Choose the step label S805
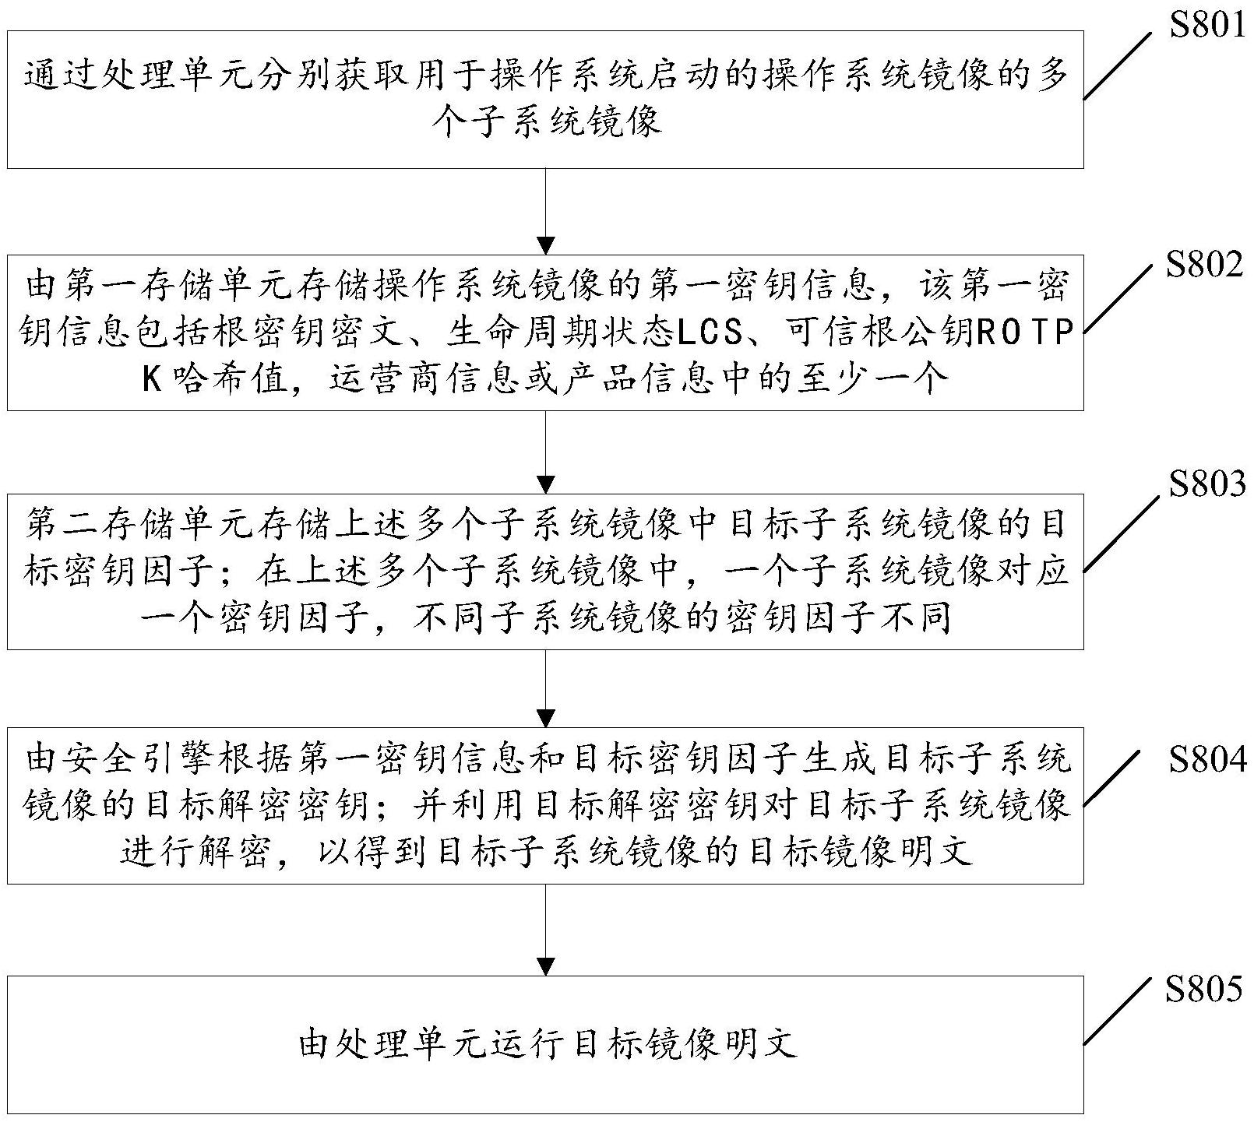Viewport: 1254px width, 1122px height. [1204, 990]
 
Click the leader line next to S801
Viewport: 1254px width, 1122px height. [1118, 65]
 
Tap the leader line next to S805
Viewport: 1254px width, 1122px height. [1118, 1011]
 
